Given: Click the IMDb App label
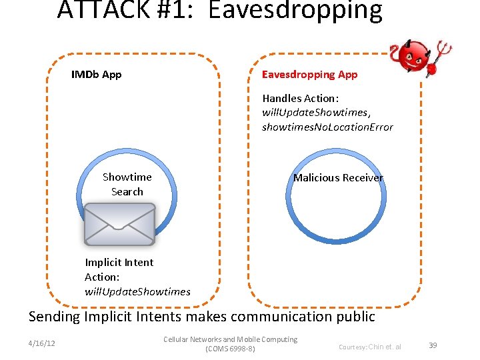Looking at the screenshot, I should point(96,74).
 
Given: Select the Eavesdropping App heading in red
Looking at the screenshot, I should point(309,74).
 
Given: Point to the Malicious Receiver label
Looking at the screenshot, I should point(338,177).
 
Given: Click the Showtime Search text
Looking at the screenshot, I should point(127,184).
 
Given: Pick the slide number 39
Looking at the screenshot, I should point(433,345).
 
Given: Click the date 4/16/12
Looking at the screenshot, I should point(42,344).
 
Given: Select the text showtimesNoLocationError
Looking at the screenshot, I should point(327,127).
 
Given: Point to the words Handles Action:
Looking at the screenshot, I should point(301,98).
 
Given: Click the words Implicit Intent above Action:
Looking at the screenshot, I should point(119,262).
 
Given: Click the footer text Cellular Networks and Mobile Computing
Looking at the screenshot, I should point(231,339).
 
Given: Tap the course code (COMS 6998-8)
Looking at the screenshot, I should point(231,349).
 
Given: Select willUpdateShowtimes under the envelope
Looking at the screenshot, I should point(137,291).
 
